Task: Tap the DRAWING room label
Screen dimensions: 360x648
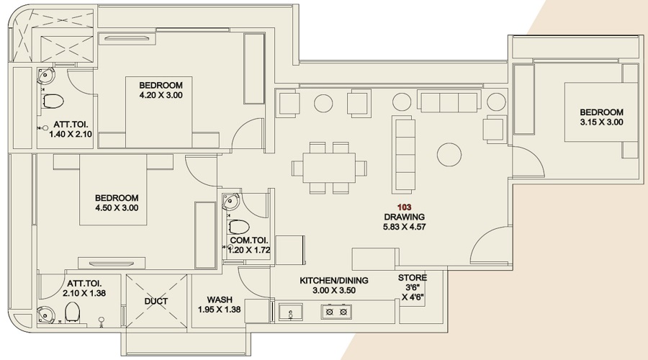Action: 404,217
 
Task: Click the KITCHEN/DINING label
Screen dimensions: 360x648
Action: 334,280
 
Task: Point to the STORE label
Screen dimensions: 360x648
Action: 413,278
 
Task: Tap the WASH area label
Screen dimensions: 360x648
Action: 218,300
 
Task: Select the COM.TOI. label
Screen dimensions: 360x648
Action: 249,240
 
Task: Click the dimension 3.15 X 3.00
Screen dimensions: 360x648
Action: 601,122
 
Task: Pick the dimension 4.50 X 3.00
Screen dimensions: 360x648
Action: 116,208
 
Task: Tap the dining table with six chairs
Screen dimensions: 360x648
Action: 328,168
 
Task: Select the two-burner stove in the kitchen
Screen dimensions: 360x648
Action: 336,312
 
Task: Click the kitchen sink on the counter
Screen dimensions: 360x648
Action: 291,312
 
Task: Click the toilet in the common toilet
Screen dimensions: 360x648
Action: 238,228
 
